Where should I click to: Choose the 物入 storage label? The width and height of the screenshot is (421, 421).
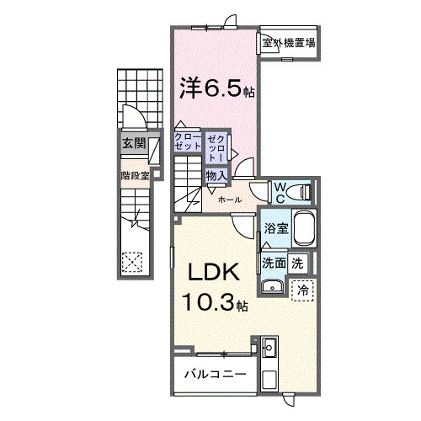pos(216,175)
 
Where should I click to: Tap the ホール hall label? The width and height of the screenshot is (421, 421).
pos(230,200)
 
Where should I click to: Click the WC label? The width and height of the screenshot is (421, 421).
pos(280,189)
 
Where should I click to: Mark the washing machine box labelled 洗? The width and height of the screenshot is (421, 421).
pos(298,262)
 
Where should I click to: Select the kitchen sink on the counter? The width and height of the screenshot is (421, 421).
pos(269,346)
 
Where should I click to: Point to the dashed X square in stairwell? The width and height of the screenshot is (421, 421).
pos(132,262)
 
